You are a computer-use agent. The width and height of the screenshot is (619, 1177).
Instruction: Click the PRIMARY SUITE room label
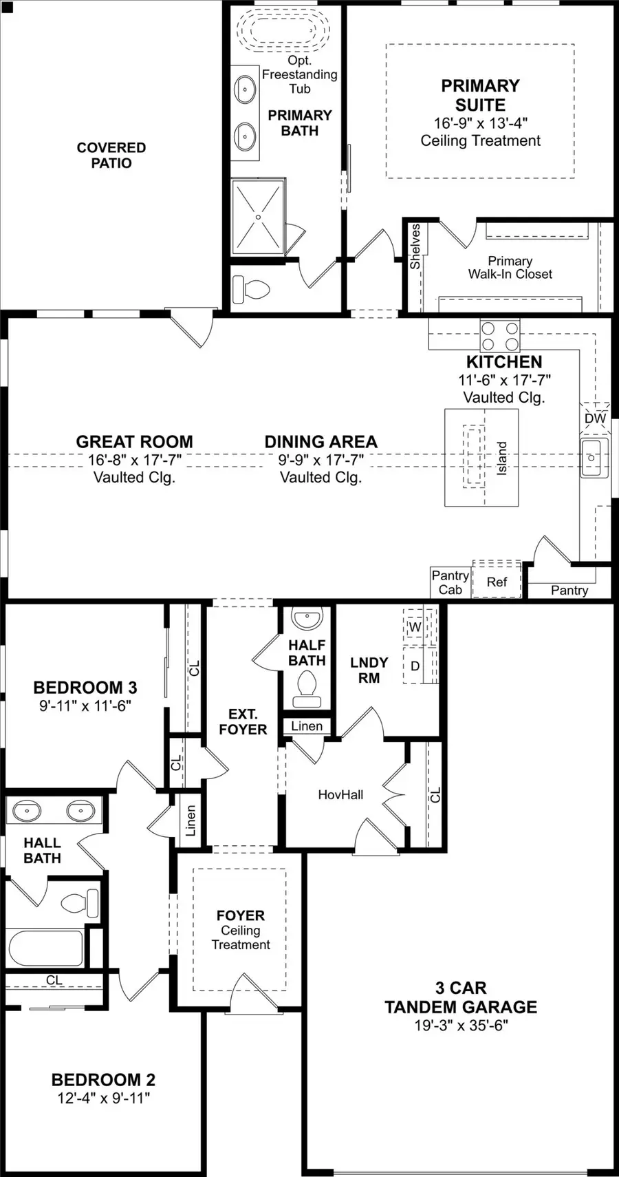coord(480,95)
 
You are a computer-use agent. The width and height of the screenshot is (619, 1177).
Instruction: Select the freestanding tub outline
coord(283,30)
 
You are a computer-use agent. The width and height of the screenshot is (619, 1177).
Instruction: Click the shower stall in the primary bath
coord(258,217)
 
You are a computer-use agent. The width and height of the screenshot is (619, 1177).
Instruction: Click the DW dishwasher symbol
coord(595,418)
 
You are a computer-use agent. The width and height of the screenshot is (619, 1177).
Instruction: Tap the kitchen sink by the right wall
coord(594,457)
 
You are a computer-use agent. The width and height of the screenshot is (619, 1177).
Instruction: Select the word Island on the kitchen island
coord(501,458)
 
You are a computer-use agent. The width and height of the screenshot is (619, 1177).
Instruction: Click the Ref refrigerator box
coord(497,582)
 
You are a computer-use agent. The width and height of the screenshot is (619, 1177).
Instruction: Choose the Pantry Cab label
coord(450,582)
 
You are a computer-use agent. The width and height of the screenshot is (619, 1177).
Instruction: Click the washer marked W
coord(415,627)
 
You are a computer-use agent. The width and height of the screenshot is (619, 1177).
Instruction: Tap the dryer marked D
coord(415,666)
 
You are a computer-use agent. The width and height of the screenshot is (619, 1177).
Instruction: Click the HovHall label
coord(340,794)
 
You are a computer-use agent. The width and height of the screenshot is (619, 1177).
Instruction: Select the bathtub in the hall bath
coord(45,948)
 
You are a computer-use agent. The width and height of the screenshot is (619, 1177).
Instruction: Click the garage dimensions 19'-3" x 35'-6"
coord(461,1025)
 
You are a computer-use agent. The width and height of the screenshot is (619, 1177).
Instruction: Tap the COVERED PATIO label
coord(111,156)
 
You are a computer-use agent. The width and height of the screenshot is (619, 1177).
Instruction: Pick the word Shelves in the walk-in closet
coord(415,246)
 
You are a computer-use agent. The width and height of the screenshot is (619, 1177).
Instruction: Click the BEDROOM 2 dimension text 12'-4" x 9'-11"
coord(103,1098)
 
